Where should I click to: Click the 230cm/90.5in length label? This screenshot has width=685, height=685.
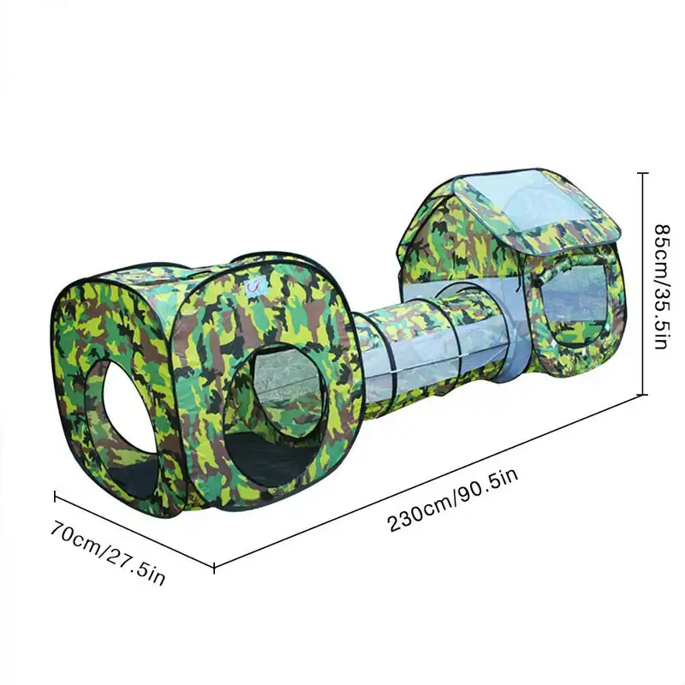coord(453,501)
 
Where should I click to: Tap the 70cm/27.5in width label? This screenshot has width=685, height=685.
coord(108,552)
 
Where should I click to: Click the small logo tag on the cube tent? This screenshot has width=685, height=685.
coord(253,287)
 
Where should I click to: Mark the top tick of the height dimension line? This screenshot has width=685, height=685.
coord(642,174)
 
